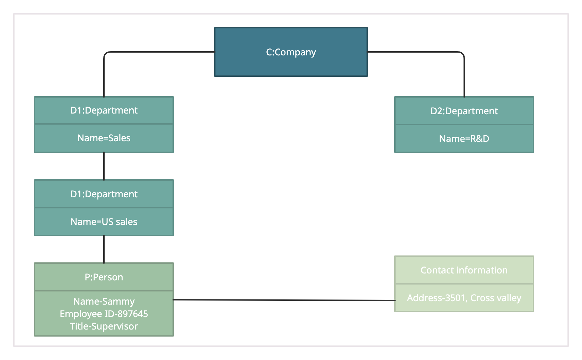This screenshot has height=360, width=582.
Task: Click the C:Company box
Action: (x=291, y=52)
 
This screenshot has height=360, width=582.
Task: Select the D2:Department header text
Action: (x=464, y=111)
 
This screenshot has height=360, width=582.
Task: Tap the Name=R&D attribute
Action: (x=464, y=139)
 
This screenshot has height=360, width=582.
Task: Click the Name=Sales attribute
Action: (x=104, y=138)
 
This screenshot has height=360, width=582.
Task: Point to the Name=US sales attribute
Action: (x=104, y=222)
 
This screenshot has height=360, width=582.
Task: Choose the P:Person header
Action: (x=104, y=277)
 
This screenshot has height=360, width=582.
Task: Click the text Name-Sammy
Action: (x=104, y=301)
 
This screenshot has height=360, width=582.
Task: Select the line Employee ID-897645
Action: (x=104, y=314)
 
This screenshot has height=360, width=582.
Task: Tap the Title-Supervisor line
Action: (x=104, y=326)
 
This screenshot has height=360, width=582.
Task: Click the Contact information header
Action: (x=464, y=270)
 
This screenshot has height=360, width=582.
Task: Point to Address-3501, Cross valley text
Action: (x=464, y=298)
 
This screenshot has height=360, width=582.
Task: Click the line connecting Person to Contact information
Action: (x=284, y=300)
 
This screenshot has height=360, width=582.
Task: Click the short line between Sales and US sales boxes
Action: (x=104, y=166)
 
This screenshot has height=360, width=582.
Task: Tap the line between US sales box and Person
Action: (x=104, y=249)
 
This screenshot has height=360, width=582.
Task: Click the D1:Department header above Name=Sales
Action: (x=104, y=110)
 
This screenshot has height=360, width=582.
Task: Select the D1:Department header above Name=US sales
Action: (x=104, y=194)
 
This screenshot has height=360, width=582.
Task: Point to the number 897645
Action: (x=133, y=314)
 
